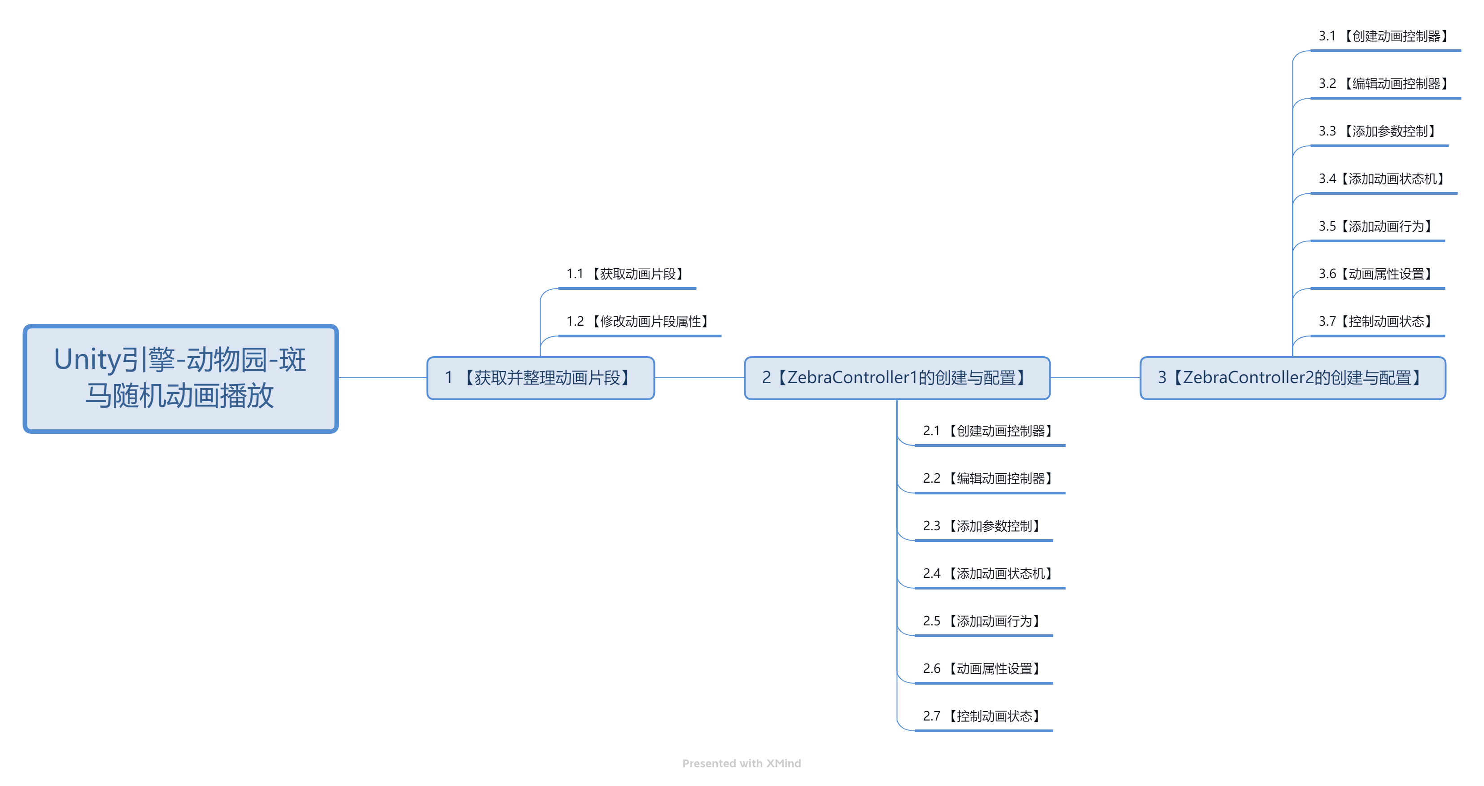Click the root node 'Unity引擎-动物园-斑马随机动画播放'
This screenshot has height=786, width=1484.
coord(180,378)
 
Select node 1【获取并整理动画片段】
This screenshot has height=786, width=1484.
coord(541,378)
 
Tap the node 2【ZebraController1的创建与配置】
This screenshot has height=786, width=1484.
coord(896,378)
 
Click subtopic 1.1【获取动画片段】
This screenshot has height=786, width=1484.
coord(627,274)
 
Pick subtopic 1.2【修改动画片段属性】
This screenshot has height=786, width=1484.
coord(639,322)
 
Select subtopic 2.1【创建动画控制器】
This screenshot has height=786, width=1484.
coord(989,431)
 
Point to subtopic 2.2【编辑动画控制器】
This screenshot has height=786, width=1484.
coord(989,479)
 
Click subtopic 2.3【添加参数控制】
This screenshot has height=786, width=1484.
coord(983,526)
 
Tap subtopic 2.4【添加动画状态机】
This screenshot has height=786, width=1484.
coord(989,574)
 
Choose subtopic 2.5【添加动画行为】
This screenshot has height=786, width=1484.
coord(983,621)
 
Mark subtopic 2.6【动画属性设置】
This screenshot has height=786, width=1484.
coord(983,669)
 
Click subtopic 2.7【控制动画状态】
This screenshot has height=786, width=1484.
coord(983,716)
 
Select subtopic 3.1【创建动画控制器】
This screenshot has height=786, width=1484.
coord(1385,36)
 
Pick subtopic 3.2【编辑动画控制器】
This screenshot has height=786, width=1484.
coord(1385,84)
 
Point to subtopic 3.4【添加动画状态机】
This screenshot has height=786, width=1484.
coord(1383,179)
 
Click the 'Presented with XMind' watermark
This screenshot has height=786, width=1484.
coord(742,764)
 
